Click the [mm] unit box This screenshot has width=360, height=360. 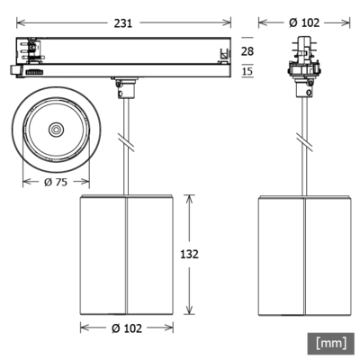pyautogui.click(x=332, y=343)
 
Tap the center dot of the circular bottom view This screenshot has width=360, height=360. pyautogui.click(x=56, y=130)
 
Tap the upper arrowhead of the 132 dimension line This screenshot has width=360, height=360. pyautogui.click(x=190, y=197)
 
